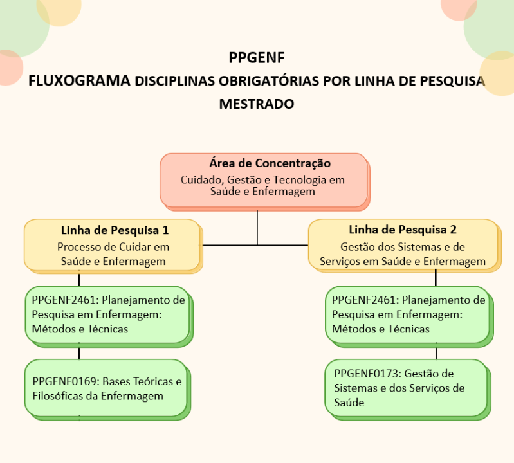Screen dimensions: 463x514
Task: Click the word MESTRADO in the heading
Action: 257,104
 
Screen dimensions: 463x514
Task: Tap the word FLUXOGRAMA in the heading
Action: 78,82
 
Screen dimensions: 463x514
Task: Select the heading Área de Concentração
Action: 270,163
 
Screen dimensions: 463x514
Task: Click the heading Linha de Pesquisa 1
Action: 115,230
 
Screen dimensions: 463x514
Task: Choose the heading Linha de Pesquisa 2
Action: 402,230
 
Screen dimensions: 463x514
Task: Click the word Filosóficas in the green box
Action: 60,395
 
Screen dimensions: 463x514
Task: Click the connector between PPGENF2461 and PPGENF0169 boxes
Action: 79,352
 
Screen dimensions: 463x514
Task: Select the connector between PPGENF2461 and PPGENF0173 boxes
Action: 436,352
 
